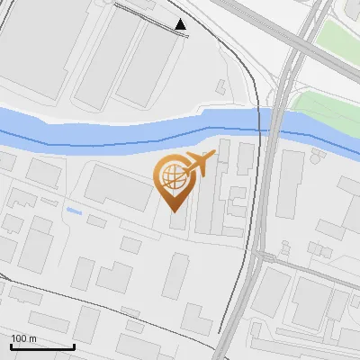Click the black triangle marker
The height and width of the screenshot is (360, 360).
pos(181,24)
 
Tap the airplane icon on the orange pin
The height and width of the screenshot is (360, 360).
pos(199,165)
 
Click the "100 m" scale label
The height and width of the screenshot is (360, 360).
pos(24,337)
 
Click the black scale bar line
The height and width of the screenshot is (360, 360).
pos(42,346)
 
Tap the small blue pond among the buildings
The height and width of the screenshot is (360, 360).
pos(74,211)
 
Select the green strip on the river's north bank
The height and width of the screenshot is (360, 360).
pos(324,106)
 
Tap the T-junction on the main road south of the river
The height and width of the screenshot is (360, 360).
pos(257,256)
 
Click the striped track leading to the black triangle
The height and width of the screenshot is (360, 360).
pos(148,15)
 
